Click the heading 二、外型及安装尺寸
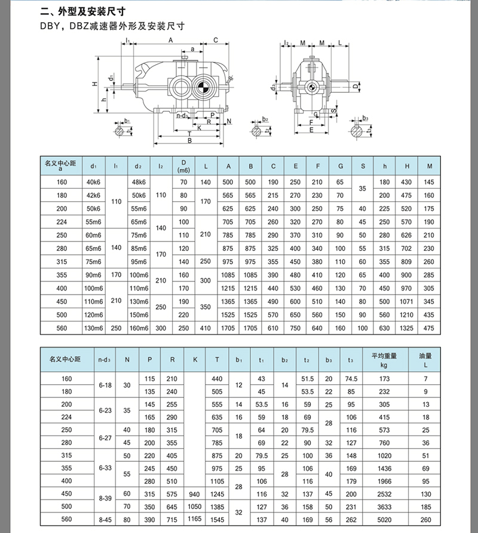[x=83, y=11]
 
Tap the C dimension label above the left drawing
[x=215, y=41]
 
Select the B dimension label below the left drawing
[x=189, y=141]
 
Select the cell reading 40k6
[x=93, y=181]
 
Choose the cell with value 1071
[x=407, y=302]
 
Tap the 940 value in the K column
[x=195, y=494]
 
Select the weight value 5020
[x=384, y=519]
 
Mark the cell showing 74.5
[x=351, y=379]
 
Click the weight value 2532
[x=384, y=494]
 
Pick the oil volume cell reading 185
[x=425, y=507]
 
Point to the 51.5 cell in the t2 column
[x=308, y=379]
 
